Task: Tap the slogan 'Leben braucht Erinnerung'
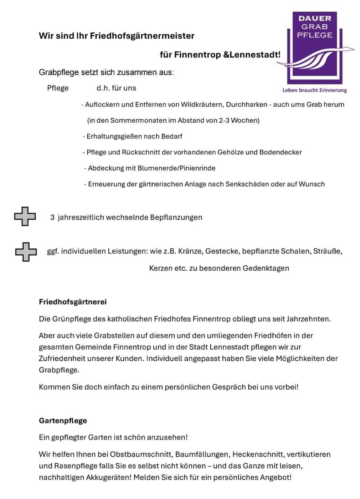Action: [314, 90]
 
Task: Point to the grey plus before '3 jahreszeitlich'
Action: [25, 217]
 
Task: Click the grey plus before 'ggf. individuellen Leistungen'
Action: [26, 252]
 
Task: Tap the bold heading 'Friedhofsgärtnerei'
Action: [73, 302]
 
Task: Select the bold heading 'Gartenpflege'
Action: [63, 420]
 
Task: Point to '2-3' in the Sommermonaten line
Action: [226, 121]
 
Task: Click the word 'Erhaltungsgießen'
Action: [112, 136]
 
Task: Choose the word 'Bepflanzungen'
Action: [176, 217]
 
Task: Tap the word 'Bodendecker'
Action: [281, 152]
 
